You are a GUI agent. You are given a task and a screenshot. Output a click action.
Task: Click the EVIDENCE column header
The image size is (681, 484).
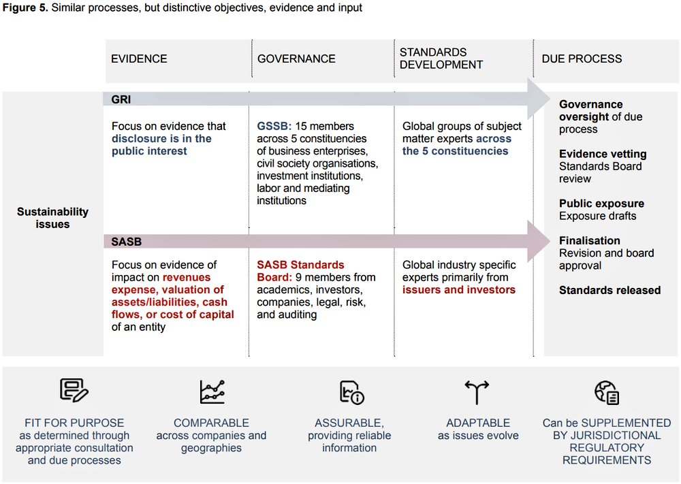pyautogui.click(x=139, y=59)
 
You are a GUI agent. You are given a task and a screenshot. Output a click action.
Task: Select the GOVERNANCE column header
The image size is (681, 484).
pyautogui.click(x=296, y=59)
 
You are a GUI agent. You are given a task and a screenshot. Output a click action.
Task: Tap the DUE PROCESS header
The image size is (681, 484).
pyautogui.click(x=582, y=59)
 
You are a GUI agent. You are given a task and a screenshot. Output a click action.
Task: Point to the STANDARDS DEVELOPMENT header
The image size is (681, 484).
pyautogui.click(x=441, y=59)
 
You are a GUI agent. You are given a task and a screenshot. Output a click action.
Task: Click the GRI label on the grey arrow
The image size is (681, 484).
pyautogui.click(x=121, y=99)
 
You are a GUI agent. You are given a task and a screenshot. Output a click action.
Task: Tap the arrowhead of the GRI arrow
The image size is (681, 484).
pyautogui.click(x=539, y=100)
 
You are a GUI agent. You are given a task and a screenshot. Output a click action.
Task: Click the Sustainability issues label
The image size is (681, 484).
pyautogui.click(x=52, y=218)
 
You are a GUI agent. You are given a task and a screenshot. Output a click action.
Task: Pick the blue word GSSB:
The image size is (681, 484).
pyautogui.click(x=273, y=126)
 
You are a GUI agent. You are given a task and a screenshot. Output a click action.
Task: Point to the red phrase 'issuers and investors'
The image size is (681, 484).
pyautogui.click(x=458, y=290)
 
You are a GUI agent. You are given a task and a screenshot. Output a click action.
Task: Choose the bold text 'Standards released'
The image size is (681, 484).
pyautogui.click(x=609, y=290)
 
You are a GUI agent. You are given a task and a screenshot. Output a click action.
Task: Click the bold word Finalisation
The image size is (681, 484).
pyautogui.click(x=589, y=240)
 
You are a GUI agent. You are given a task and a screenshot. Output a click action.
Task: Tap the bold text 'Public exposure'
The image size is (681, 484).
pyautogui.click(x=601, y=204)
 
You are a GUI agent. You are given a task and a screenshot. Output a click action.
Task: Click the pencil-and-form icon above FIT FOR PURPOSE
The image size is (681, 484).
pyautogui.click(x=74, y=391)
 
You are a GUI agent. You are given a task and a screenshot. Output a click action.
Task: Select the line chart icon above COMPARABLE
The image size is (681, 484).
pyautogui.click(x=212, y=391)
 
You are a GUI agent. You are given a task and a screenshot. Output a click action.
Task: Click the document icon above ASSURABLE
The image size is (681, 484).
pyautogui.click(x=351, y=392)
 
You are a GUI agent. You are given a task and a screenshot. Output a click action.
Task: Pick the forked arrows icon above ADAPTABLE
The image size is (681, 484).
pyautogui.click(x=477, y=391)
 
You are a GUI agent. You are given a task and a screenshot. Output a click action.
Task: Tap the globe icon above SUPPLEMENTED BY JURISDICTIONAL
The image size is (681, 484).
pyautogui.click(x=606, y=392)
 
